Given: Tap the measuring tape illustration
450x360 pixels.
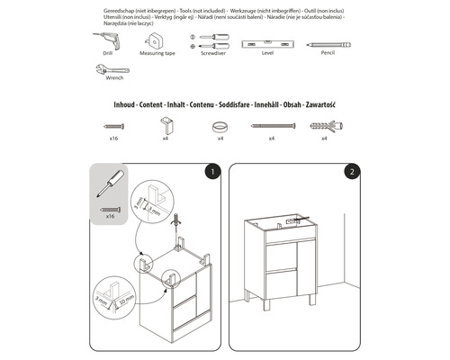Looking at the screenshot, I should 158,40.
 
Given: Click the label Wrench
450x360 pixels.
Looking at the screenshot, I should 114,78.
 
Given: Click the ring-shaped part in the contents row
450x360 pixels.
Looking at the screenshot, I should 219,128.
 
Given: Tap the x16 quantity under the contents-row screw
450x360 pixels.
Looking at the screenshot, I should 114,140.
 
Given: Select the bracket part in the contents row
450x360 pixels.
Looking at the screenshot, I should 166,125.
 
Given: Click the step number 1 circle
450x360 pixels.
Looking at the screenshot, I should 211,170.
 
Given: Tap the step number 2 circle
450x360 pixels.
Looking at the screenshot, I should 353,170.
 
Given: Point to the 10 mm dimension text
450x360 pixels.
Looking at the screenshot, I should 128,297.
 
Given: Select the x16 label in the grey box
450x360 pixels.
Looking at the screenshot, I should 112,217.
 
